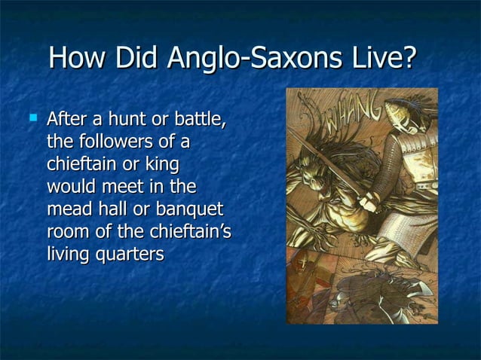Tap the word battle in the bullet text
pos(200,119)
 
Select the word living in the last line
pos(69,255)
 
